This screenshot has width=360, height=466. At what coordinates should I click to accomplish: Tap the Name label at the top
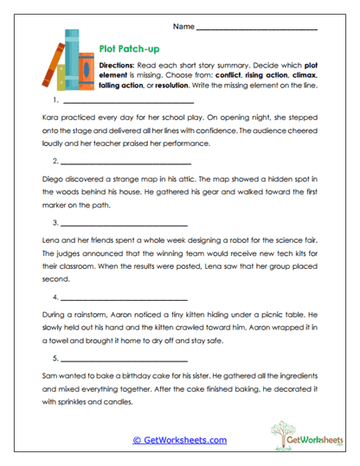tap(183, 27)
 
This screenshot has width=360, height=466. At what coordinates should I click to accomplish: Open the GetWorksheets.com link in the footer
tap(179, 440)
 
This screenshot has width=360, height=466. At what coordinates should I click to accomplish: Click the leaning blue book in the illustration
tap(51, 66)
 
